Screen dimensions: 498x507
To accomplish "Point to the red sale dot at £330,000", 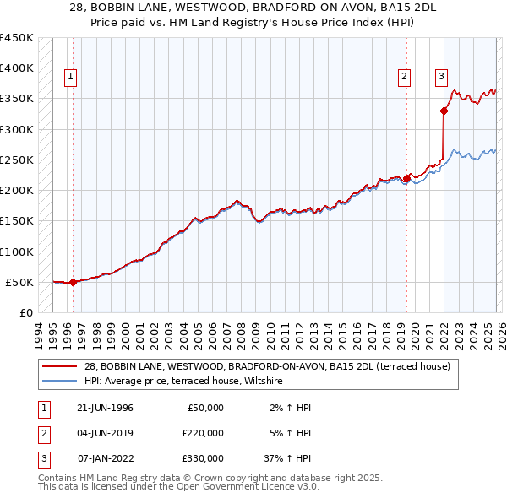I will [444, 111].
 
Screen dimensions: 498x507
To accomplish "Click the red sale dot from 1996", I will [73, 282].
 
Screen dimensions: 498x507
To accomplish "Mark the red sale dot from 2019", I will [406, 178].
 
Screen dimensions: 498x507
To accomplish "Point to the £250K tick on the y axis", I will [17, 160].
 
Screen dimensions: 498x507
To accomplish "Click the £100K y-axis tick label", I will [17, 252].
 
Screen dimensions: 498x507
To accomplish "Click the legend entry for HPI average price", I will [183, 382].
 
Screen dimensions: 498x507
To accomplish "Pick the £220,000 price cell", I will [202, 433].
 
